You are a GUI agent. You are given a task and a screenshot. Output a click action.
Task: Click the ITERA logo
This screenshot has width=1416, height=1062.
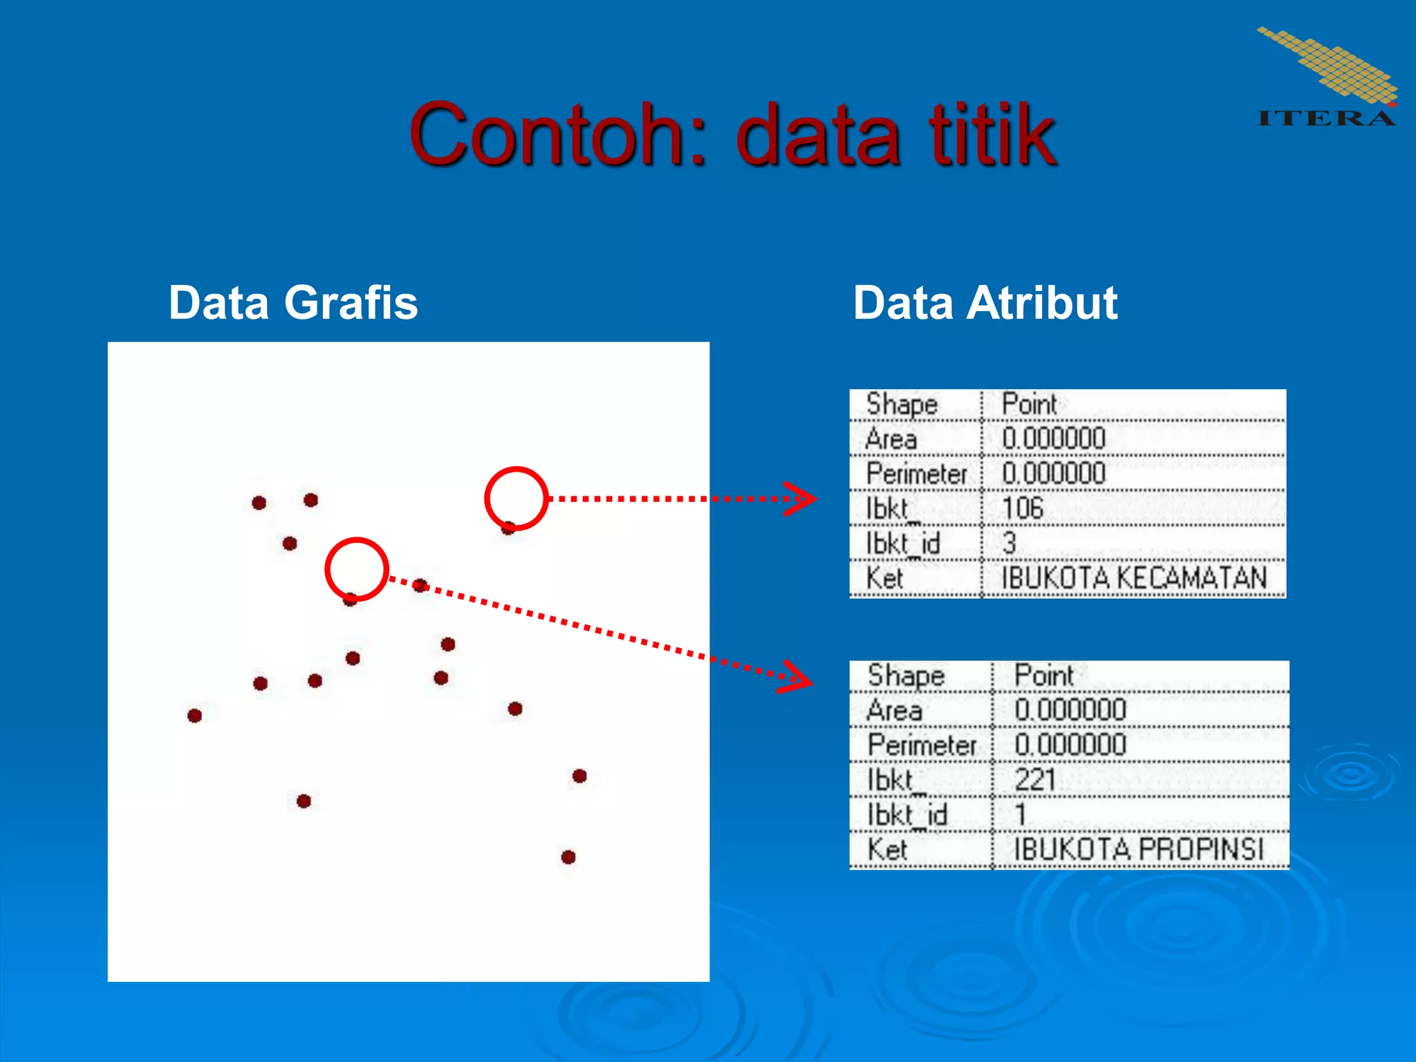tap(1326, 77)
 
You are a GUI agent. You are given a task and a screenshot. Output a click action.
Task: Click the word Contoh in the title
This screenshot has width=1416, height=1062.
tap(546, 134)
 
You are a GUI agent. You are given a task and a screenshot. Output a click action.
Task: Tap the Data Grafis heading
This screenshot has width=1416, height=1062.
tap(293, 303)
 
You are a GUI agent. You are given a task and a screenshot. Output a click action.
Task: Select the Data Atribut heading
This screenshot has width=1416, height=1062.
tap(985, 303)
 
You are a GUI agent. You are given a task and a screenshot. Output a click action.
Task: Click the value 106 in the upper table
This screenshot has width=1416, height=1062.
tap(1023, 508)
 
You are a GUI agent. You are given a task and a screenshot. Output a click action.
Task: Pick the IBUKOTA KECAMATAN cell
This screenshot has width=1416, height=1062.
tap(1134, 578)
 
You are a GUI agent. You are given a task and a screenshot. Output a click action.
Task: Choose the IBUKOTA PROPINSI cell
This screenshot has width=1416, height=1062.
tap(1138, 849)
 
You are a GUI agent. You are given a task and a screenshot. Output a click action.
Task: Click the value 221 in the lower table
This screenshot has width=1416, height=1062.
tap(1035, 780)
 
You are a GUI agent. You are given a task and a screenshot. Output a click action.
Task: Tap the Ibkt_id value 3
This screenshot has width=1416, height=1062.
tap(1009, 543)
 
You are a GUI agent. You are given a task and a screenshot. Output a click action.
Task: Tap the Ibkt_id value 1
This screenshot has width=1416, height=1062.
tap(1021, 814)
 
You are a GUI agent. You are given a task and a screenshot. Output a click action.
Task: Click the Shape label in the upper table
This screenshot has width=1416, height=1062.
tap(902, 404)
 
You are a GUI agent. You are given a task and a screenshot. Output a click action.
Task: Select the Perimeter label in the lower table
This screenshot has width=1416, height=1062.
tap(922, 745)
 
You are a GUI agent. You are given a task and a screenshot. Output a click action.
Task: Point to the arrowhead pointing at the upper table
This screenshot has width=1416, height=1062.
tap(802, 499)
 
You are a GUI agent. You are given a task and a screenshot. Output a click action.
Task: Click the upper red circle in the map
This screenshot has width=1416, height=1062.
tap(516, 499)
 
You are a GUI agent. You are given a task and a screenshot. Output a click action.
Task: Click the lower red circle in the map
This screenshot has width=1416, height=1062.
tap(357, 569)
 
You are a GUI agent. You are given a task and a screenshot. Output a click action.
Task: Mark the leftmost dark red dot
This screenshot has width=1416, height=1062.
tap(195, 716)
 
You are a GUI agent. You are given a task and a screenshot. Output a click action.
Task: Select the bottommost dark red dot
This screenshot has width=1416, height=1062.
tap(568, 857)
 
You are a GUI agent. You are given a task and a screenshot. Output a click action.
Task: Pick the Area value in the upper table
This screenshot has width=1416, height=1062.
tap(1054, 438)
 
